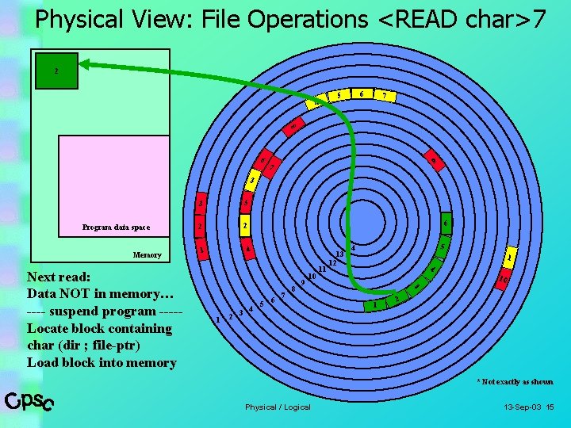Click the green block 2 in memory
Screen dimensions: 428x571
click(x=56, y=71)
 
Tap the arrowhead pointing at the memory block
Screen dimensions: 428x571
click(x=85, y=65)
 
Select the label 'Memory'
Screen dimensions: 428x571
click(x=147, y=255)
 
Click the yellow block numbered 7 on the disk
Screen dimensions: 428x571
click(x=385, y=96)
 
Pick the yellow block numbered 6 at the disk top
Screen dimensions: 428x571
click(x=362, y=94)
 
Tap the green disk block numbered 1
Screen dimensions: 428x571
click(x=374, y=305)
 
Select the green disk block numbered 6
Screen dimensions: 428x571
click(x=446, y=224)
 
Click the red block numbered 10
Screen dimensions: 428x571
click(x=504, y=278)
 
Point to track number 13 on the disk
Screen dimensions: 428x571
click(x=339, y=254)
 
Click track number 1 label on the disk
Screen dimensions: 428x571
click(x=218, y=319)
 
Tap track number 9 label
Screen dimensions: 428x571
click(x=304, y=282)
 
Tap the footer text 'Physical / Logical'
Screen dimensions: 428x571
click(x=278, y=407)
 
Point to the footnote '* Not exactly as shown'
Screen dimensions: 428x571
click(x=515, y=382)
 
